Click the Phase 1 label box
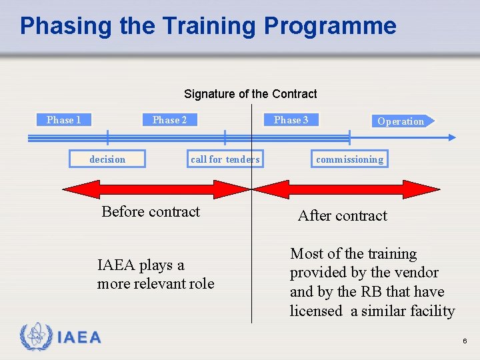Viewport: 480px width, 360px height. [x=64, y=120]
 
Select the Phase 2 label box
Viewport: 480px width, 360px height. [x=169, y=120]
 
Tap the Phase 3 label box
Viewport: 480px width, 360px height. [x=291, y=120]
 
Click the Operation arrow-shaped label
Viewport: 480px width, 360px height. [x=401, y=121]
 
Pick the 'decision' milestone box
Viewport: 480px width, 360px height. [x=107, y=159]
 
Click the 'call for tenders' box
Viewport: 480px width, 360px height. [x=225, y=159]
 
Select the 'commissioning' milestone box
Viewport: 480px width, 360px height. [x=349, y=159]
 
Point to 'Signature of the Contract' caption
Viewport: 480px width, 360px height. [x=250, y=94]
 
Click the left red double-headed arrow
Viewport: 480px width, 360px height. [x=156, y=189]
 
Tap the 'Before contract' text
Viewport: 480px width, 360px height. [x=151, y=212]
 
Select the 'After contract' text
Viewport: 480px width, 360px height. [x=342, y=216]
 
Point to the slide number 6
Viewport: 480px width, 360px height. [x=465, y=341]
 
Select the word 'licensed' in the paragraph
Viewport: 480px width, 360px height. [x=315, y=311]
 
